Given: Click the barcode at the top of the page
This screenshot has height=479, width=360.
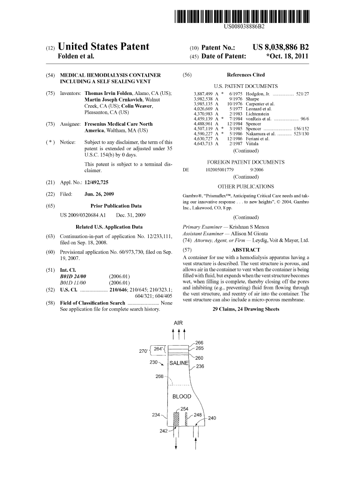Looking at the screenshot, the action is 242,16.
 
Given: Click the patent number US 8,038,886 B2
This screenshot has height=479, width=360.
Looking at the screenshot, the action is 281,47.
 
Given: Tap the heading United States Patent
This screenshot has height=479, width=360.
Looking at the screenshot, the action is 103,46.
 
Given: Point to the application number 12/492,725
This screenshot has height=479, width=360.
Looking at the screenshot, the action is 96,182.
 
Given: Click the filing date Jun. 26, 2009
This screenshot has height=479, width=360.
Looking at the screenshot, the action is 99,194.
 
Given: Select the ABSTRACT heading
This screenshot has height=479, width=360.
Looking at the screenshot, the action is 246,250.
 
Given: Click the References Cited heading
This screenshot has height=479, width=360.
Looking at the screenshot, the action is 246,74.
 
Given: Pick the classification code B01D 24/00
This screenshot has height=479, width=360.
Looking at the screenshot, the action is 73,276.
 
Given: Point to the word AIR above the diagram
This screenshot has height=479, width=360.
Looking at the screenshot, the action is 178,323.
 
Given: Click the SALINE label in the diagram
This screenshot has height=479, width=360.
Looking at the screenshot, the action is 179,363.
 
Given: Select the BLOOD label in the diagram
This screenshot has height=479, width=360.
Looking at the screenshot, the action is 182,397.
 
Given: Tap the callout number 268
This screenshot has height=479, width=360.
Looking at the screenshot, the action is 159,377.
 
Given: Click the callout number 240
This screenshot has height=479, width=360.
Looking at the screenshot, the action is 212,418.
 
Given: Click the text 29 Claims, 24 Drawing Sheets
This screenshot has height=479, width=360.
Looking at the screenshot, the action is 246,309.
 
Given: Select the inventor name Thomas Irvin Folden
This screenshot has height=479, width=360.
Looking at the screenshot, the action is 108,93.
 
